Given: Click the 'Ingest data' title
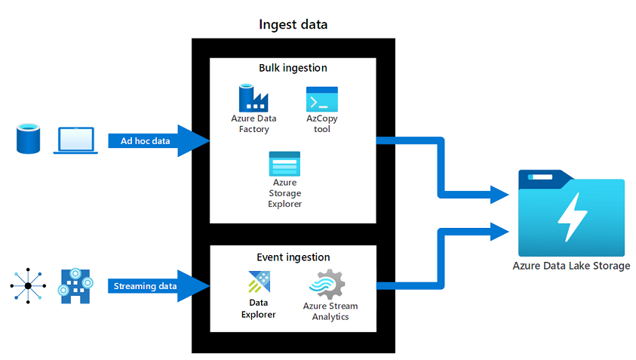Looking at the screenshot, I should (x=293, y=24).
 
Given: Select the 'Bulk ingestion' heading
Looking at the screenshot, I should (x=293, y=68).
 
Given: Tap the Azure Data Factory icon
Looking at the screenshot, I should (x=253, y=98).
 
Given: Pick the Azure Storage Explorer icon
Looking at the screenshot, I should (x=284, y=163).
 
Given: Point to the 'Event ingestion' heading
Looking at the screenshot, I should (x=293, y=257).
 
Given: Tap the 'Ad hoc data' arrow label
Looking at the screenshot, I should (x=145, y=141).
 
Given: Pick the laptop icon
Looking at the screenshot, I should (x=75, y=141).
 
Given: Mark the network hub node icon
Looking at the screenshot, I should (x=28, y=286).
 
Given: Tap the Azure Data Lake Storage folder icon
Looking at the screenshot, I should (x=570, y=214).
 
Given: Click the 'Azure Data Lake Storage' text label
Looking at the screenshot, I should (x=570, y=266).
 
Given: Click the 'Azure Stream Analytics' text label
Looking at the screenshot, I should (x=330, y=311).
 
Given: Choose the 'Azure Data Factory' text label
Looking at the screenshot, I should (x=253, y=124).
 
